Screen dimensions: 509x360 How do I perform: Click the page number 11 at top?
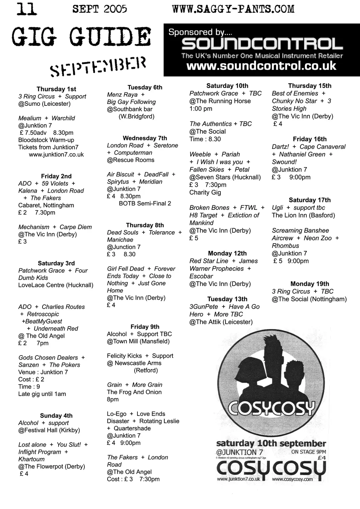click(27, 9)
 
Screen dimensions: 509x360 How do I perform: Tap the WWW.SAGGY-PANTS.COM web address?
click(233, 9)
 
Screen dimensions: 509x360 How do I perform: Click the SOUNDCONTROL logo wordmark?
click(262, 44)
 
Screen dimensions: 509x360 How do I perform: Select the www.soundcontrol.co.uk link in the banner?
click(261, 66)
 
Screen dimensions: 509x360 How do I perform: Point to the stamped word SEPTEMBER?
click(98, 67)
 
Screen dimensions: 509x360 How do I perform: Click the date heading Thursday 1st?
click(56, 89)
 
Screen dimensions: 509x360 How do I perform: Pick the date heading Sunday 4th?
click(56, 416)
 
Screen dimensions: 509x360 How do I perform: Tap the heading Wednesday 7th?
click(145, 138)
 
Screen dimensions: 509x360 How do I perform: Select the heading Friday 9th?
click(145, 327)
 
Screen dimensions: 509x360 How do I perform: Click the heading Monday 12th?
click(227, 253)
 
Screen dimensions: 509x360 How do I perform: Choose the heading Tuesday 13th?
click(227, 299)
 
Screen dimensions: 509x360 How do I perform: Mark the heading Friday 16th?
click(310, 139)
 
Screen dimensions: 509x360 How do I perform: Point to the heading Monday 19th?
click(310, 284)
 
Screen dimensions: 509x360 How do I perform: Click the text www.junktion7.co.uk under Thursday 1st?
click(56, 155)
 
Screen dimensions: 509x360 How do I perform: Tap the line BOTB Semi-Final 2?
click(145, 204)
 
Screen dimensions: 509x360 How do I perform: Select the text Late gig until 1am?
click(42, 394)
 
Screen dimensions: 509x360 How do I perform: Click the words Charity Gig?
click(205, 193)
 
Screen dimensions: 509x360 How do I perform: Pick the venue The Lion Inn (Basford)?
click(303, 215)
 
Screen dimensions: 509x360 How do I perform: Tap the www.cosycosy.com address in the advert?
click(292, 479)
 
